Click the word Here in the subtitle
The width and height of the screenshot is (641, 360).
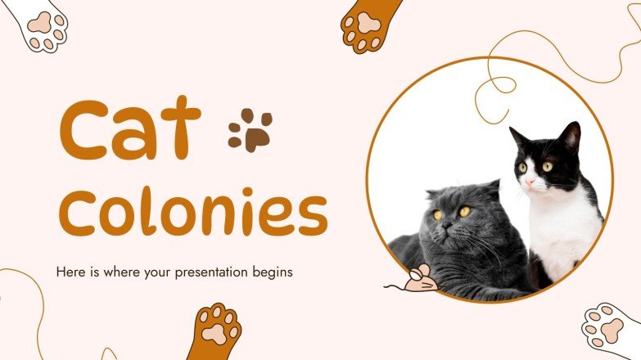click(x=70, y=271)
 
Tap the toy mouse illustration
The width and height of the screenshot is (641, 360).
click(x=419, y=280)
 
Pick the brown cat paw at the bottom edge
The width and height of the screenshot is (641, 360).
click(x=214, y=331)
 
